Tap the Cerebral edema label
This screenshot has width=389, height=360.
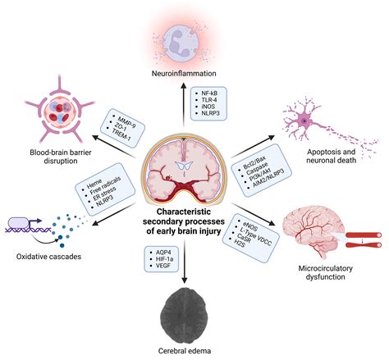click(194, 350)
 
